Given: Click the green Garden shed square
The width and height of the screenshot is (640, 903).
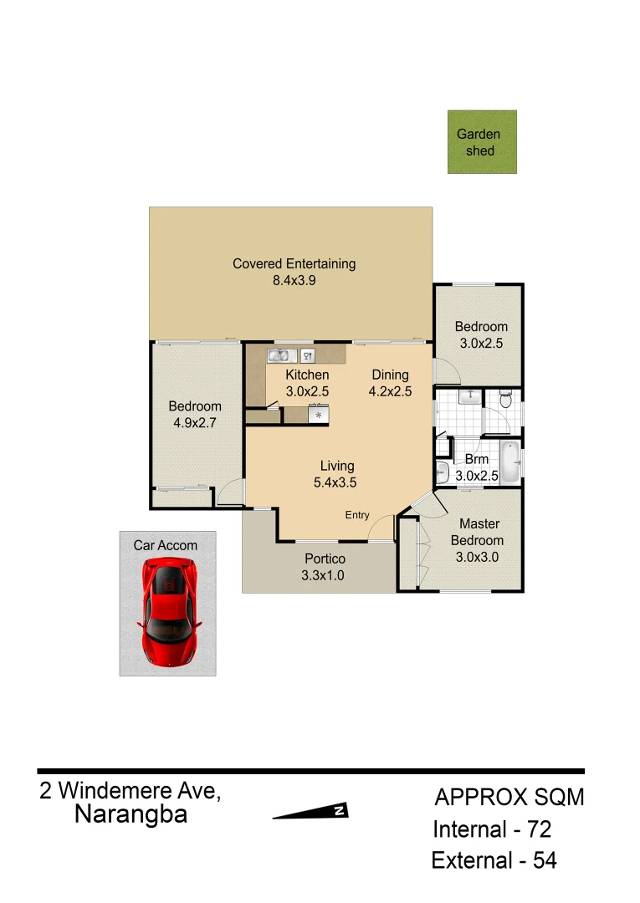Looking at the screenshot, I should [x=482, y=142].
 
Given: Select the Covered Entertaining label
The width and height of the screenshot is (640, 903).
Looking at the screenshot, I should [x=294, y=263].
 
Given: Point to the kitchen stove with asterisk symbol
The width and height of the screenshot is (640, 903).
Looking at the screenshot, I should [x=319, y=414].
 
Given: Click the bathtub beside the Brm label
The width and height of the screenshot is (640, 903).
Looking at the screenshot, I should [x=510, y=462].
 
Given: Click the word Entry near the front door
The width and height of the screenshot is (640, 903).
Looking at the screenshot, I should [x=357, y=515].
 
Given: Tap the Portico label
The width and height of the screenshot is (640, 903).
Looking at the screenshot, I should [x=324, y=559].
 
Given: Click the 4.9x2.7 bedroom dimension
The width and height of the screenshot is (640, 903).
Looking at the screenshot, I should [x=195, y=423].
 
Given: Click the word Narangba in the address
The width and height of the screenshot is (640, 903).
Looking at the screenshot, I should [x=131, y=814].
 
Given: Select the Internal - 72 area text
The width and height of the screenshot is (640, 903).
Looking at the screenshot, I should [x=492, y=830].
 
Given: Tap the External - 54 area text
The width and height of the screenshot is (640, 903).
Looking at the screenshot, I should [x=494, y=860].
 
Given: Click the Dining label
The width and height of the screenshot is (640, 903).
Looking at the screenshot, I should [x=390, y=375].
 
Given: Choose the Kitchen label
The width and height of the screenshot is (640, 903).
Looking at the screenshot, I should [x=307, y=375].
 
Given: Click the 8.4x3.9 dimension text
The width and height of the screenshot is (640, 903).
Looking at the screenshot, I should [x=294, y=281].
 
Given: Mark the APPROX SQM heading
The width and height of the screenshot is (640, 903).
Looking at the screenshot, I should [x=509, y=798].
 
